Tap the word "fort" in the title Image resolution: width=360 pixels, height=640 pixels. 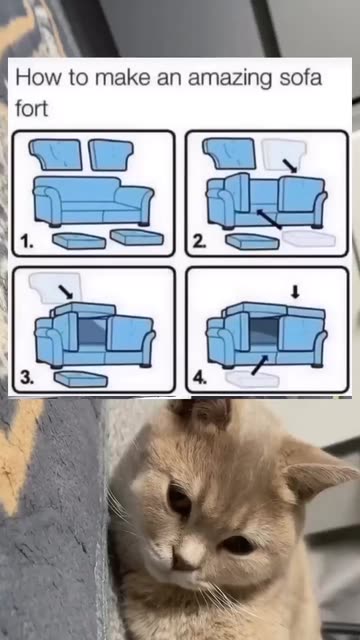pyautogui.click(x=31, y=109)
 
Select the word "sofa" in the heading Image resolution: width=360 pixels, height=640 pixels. pyautogui.click(x=301, y=77)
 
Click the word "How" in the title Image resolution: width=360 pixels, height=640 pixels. pyautogui.click(x=39, y=77)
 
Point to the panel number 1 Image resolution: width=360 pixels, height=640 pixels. pyautogui.click(x=27, y=242)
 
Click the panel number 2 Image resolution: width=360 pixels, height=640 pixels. pyautogui.click(x=199, y=242)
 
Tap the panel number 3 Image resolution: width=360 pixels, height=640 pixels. pyautogui.click(x=27, y=378)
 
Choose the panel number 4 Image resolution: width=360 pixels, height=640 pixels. pyautogui.click(x=200, y=378)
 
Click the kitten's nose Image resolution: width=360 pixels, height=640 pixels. pyautogui.click(x=189, y=552)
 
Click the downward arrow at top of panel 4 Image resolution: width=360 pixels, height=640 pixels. pyautogui.click(x=296, y=291)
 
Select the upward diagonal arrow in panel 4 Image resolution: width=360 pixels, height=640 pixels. pyautogui.click(x=260, y=365)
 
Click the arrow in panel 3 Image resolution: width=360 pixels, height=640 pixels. pyautogui.click(x=66, y=291)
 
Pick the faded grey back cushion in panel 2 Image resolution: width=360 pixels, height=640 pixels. pyautogui.click(x=284, y=153)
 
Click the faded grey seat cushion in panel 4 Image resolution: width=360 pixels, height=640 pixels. pyautogui.click(x=252, y=379)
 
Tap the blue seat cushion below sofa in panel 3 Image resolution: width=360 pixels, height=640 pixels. pyautogui.click(x=81, y=379)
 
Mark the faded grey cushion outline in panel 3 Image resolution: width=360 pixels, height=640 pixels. pyautogui.click(x=56, y=288)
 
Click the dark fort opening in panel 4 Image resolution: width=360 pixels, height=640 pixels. pyautogui.click(x=264, y=334)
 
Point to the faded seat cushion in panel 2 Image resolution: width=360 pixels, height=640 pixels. pyautogui.click(x=309, y=239)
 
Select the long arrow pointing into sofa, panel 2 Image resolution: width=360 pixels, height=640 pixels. pyautogui.click(x=269, y=219)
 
